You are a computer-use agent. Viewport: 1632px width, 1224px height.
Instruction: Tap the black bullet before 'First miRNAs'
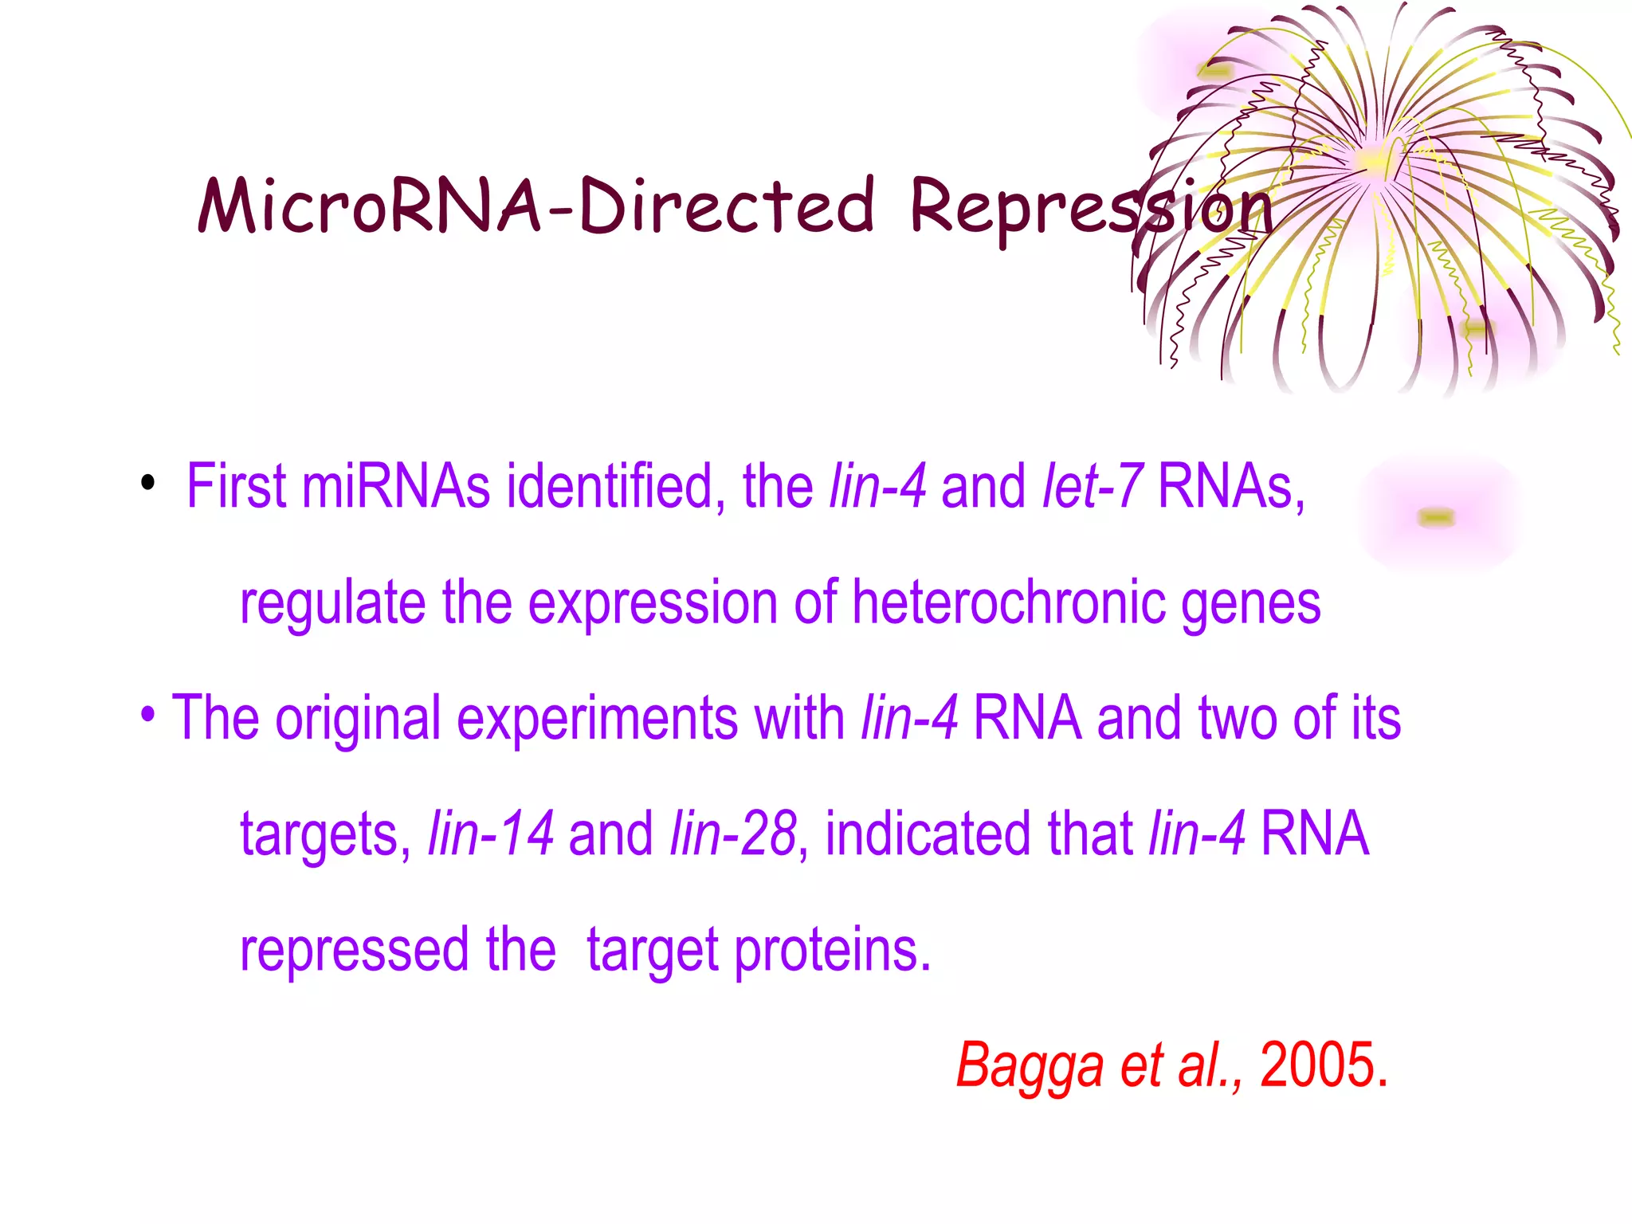147,483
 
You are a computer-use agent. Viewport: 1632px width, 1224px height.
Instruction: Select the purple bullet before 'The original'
147,713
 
